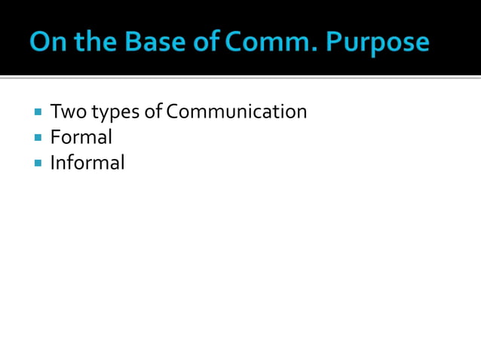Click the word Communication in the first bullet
(x=237, y=112)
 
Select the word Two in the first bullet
(x=66, y=112)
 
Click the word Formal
(x=81, y=137)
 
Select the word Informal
(x=87, y=162)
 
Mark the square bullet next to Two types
(x=37, y=113)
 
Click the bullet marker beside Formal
(x=37, y=138)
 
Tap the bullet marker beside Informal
(x=37, y=163)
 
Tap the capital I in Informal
(x=53, y=162)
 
